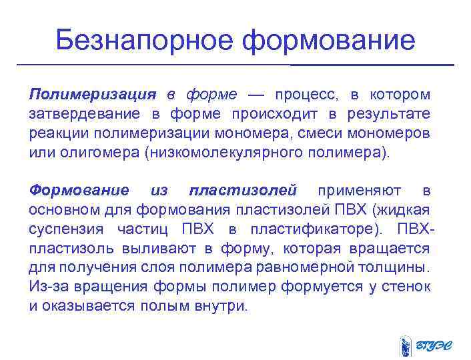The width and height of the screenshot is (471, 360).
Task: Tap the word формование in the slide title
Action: (x=328, y=41)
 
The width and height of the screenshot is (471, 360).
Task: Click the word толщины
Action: (x=404, y=268)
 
